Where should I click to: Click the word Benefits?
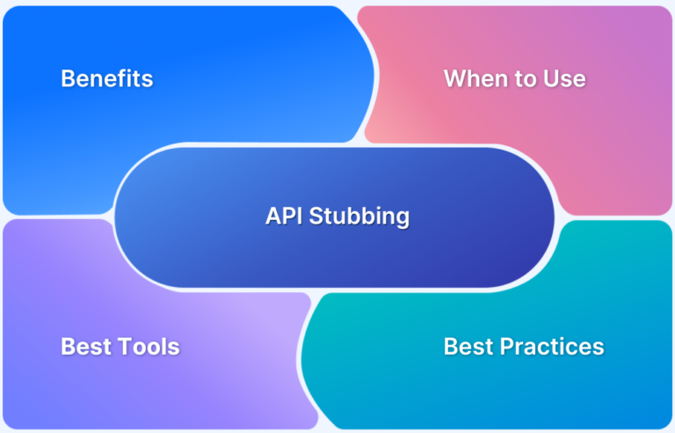tap(106, 78)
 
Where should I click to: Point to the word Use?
tap(566, 78)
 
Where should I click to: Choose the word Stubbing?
tap(359, 216)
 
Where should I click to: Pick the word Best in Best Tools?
tap(86, 346)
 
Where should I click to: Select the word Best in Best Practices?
tap(469, 346)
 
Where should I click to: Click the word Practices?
tap(553, 346)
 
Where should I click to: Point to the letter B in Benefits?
tap(67, 78)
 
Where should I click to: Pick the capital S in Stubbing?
tap(316, 216)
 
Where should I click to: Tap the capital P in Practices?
tap(507, 346)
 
